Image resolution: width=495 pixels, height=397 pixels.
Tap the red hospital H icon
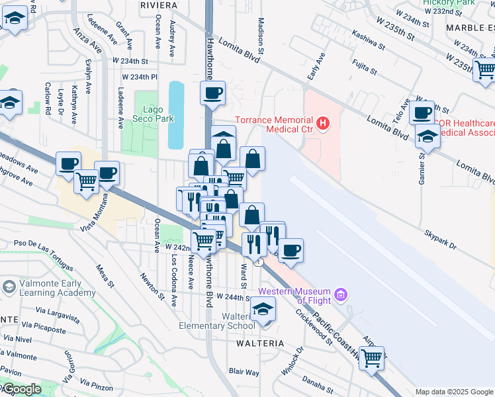(x=323, y=122)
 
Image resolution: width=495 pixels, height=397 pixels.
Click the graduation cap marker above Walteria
(x=263, y=309)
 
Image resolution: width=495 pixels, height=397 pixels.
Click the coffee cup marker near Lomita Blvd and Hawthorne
(x=212, y=93)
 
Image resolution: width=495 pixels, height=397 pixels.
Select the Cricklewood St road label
(x=314, y=328)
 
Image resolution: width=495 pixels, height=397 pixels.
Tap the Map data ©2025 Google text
(x=454, y=392)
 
